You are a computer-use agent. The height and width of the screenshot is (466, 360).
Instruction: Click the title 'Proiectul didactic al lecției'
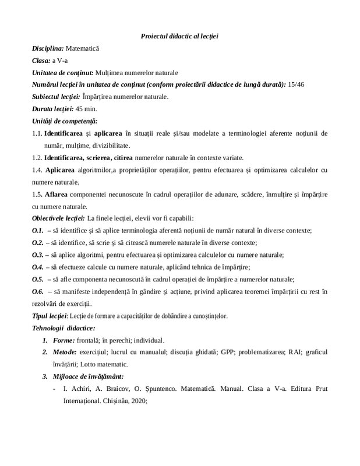pos(179,37)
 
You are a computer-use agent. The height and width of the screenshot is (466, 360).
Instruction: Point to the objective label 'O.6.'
pos(38,291)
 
